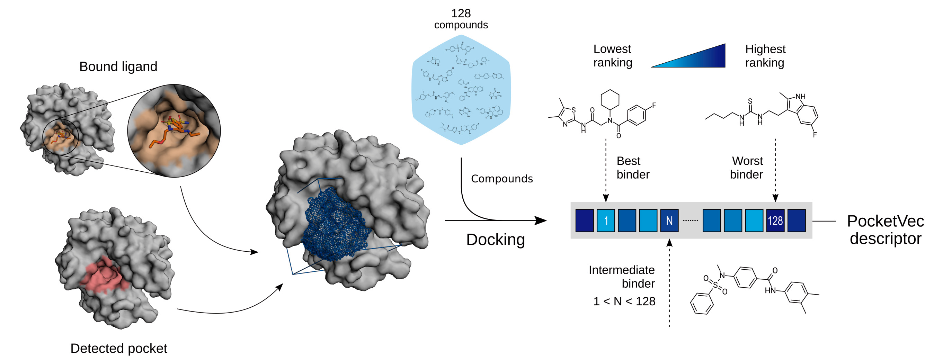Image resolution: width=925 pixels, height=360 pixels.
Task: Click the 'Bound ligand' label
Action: point(118,66)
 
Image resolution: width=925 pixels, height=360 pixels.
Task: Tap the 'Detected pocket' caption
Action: point(118,348)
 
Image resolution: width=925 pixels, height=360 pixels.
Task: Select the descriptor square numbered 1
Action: point(605,220)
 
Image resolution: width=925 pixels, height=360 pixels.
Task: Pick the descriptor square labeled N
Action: point(669,220)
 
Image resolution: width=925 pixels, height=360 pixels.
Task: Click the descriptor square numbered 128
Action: point(775,220)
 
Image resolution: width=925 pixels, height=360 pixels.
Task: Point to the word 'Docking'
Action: point(495,240)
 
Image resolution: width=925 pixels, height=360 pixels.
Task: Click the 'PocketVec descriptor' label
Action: point(885,230)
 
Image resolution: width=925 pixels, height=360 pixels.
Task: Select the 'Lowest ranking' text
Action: point(612,56)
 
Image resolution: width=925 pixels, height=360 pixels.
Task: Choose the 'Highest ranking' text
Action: point(765,56)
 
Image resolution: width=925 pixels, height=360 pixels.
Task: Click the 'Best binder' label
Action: point(633,168)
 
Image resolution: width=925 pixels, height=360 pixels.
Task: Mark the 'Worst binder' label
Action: point(747,168)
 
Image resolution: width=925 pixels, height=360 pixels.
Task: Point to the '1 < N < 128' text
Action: point(624,301)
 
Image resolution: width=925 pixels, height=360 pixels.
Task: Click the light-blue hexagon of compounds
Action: point(461,90)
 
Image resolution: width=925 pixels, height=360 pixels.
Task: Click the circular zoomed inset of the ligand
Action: point(174,130)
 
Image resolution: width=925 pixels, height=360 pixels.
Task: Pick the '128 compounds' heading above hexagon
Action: point(461,19)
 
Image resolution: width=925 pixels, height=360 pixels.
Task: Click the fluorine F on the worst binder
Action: point(815,135)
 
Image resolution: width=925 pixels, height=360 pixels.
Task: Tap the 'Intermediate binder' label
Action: point(622,276)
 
